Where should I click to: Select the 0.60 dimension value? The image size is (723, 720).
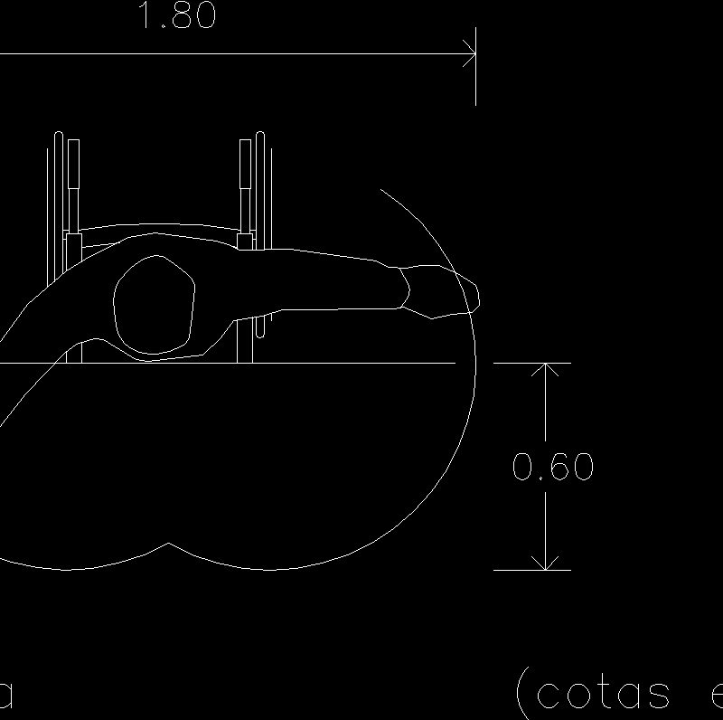coord(552,468)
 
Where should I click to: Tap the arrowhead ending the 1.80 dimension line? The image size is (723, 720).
coord(471,56)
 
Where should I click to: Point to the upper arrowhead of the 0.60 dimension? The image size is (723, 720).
coord(546,371)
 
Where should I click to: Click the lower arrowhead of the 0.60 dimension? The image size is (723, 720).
coord(546,563)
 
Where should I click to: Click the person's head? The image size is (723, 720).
coord(155,305)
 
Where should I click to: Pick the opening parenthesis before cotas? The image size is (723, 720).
coord(522,694)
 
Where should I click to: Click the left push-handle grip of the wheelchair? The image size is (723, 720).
coord(73,162)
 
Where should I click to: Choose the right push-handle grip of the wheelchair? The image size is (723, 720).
coord(245,162)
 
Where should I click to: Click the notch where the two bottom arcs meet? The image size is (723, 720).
coord(169,545)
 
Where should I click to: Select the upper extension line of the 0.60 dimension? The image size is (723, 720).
coord(532,363)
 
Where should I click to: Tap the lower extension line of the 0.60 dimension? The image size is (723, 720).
coord(532,570)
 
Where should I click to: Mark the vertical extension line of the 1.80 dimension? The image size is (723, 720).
coord(476,72)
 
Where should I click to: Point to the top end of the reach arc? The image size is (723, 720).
coord(381,190)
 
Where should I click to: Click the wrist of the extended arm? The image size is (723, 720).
coord(403,287)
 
